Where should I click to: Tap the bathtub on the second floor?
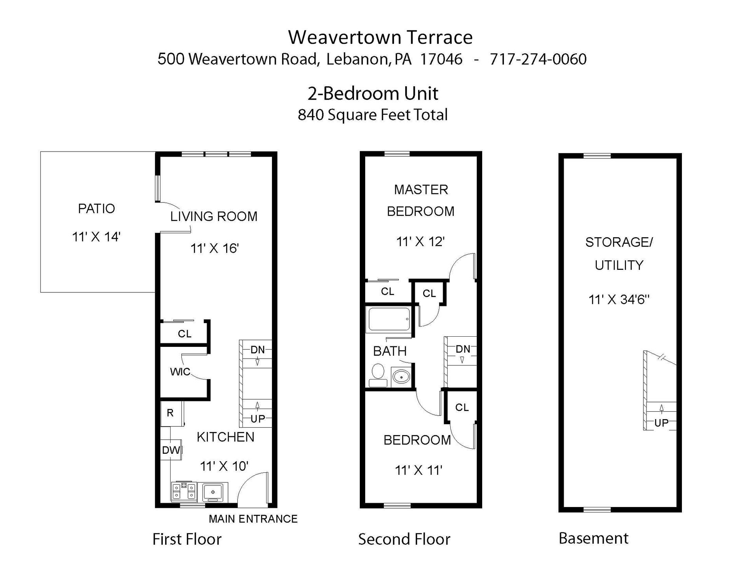[x=388, y=320]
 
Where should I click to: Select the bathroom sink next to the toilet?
[x=401, y=376]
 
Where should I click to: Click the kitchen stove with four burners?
[x=184, y=491]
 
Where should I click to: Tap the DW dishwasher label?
[x=171, y=450]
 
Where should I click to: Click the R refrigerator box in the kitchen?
[x=170, y=413]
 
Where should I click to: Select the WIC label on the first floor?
[x=180, y=372]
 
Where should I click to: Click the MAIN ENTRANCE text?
[x=253, y=519]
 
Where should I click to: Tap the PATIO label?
[x=96, y=209]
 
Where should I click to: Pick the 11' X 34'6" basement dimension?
[x=619, y=300]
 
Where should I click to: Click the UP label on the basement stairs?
[x=661, y=423]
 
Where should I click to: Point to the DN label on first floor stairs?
[x=258, y=350]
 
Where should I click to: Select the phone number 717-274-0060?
[x=538, y=59]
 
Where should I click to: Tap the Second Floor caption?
[x=404, y=539]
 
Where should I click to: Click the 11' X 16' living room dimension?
[x=214, y=248]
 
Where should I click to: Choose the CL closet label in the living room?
[x=185, y=334]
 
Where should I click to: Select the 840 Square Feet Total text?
[x=372, y=115]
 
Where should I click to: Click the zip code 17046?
[x=441, y=59]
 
